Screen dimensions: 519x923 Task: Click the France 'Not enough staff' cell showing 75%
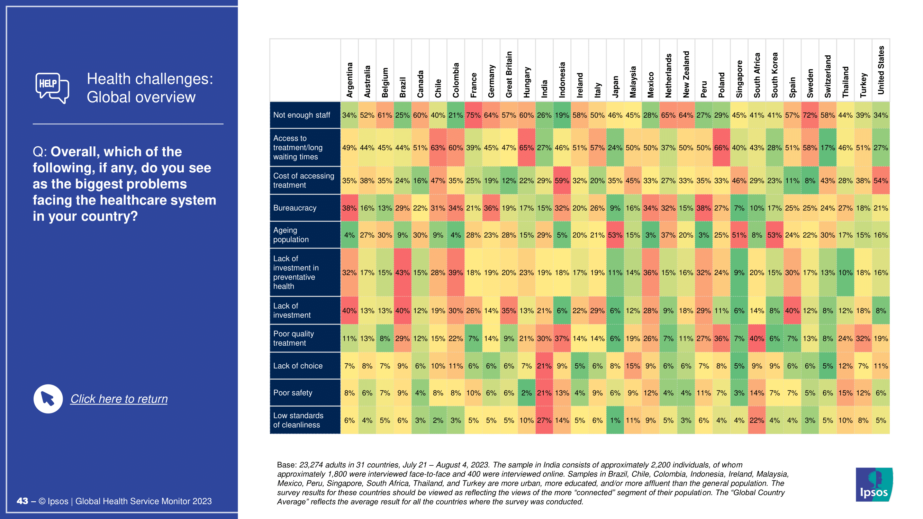tap(473, 115)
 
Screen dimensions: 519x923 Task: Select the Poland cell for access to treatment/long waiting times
tap(721, 148)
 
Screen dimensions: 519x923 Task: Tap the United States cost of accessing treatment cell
tap(880, 181)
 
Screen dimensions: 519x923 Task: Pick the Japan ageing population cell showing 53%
tap(615, 235)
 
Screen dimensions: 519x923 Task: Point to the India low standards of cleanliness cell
tap(544, 420)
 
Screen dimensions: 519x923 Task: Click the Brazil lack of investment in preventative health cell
tap(402, 273)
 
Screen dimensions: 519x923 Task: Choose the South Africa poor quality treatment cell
tap(757, 338)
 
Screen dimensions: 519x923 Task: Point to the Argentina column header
tap(349, 80)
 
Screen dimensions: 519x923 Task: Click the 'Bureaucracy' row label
tap(295, 208)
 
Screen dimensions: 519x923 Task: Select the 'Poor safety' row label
tap(292, 393)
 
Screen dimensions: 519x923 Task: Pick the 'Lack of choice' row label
tap(297, 366)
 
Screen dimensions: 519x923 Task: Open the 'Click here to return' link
tap(119, 399)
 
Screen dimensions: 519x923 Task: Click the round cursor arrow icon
tap(48, 399)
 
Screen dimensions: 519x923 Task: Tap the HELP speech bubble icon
tap(52, 88)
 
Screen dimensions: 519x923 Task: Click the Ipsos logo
tap(874, 484)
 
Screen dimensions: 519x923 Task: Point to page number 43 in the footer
tap(22, 501)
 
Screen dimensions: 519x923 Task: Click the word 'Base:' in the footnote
tap(287, 465)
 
